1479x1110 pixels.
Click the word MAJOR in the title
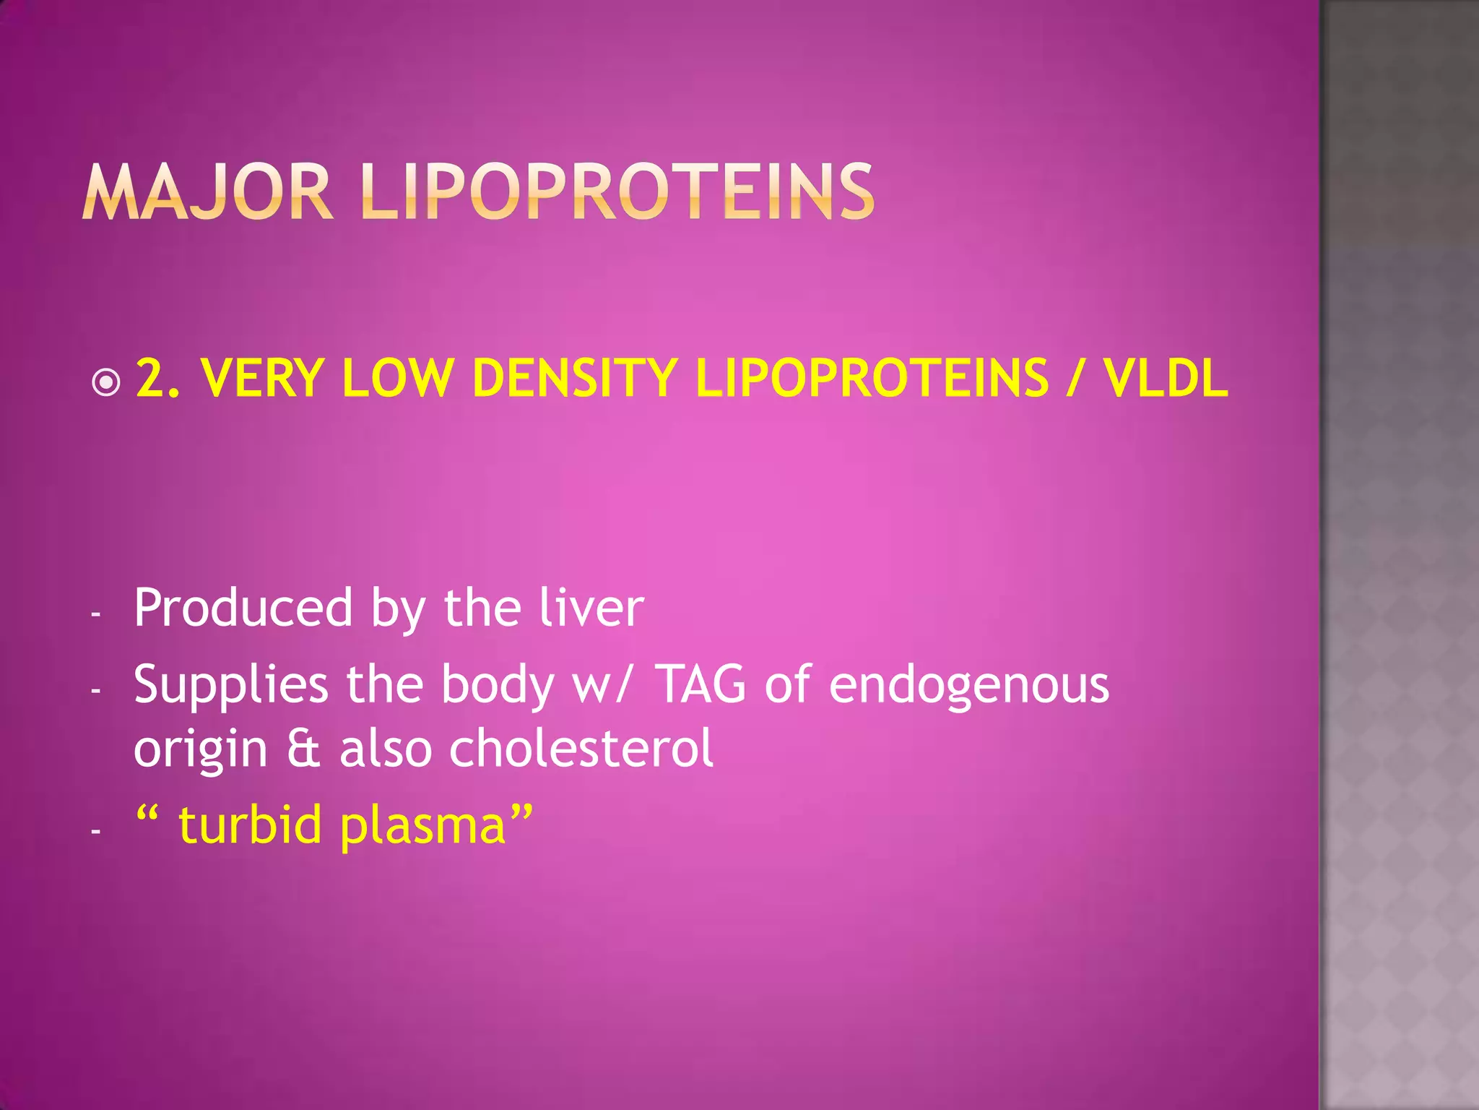click(x=207, y=192)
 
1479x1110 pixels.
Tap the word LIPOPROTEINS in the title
click(x=617, y=192)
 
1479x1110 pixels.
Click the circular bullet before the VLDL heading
click(x=107, y=382)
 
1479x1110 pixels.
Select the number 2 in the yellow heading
click(x=149, y=378)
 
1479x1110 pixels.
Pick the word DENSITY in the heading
click(x=574, y=378)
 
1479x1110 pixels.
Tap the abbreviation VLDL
click(x=1165, y=378)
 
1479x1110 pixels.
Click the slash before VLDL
click(x=1075, y=378)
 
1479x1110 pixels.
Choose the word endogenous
click(x=968, y=686)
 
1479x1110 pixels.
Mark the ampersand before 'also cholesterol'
click(x=303, y=749)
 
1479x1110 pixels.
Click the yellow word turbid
click(x=250, y=825)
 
